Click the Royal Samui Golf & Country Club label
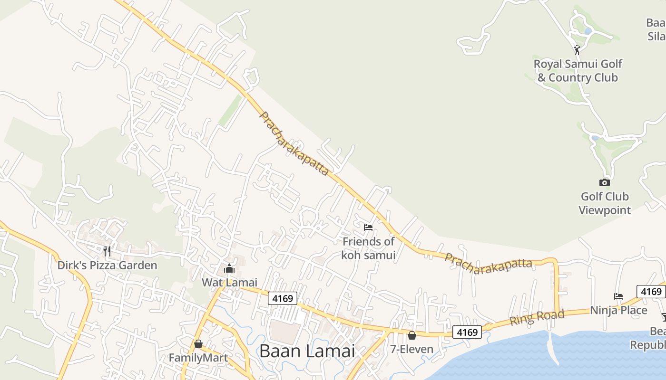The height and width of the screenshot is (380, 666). coord(578,70)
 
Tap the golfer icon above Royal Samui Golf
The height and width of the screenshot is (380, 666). coord(577,49)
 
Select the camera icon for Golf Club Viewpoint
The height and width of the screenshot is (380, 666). coord(604,182)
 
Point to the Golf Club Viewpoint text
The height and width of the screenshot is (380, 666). coord(605,203)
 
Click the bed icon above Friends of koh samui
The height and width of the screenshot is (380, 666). coord(368,228)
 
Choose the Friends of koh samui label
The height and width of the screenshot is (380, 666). coord(368,248)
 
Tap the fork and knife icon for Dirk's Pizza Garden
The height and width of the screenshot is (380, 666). coord(107,251)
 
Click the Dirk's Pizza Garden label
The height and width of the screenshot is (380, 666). coord(107,265)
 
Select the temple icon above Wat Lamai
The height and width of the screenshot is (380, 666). coord(229,269)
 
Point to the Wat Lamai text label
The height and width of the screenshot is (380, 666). coord(229,282)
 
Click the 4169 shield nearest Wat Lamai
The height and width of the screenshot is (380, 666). coord(283,298)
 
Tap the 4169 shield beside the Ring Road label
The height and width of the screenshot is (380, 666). coord(467,332)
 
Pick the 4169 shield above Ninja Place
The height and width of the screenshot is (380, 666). coord(651,291)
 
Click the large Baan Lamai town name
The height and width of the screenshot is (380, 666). coord(307,351)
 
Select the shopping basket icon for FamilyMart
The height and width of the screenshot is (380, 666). coord(198,344)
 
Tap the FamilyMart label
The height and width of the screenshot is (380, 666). coord(198,358)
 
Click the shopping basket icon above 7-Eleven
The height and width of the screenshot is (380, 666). coord(412,335)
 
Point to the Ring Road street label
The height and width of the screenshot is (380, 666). coord(537,317)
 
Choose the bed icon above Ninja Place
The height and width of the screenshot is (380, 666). coord(618,296)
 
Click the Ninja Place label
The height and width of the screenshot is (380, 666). coord(618,310)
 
